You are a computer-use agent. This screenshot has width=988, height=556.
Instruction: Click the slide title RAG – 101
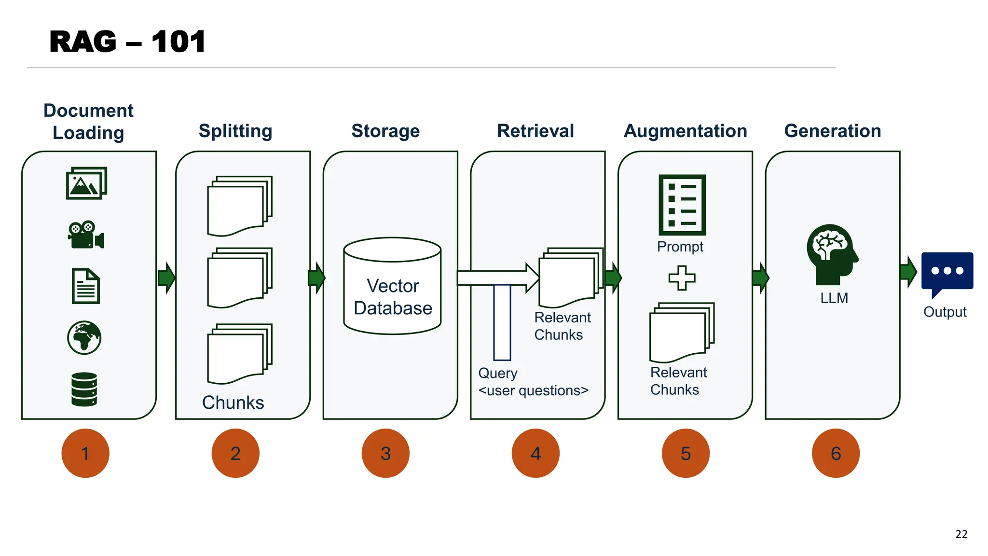(127, 42)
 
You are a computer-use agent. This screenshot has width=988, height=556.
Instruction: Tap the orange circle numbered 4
(535, 453)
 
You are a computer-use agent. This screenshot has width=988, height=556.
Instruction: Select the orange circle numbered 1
(85, 453)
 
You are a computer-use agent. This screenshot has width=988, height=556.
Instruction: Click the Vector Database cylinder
(392, 286)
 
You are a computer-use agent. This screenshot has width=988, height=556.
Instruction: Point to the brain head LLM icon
(832, 254)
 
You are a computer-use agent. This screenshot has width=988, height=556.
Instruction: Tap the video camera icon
(86, 235)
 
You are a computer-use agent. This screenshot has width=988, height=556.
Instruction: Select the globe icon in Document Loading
(84, 338)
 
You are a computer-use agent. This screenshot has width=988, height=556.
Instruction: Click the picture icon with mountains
(86, 183)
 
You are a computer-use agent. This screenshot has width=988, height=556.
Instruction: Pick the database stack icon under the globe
(84, 389)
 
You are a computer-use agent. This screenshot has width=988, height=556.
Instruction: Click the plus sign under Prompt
(682, 278)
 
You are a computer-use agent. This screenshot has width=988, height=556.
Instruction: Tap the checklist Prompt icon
(682, 205)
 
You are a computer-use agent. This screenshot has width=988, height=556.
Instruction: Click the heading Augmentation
(685, 131)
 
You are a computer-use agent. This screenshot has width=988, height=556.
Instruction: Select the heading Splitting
(235, 131)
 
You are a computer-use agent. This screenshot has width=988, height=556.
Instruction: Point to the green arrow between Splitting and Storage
(316, 278)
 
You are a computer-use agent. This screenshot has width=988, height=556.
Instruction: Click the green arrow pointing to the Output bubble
(908, 272)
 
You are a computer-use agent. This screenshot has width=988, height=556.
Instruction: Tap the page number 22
(961, 534)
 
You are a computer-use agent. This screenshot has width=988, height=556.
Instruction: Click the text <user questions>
(533, 390)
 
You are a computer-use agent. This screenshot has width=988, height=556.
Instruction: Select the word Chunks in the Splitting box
(233, 403)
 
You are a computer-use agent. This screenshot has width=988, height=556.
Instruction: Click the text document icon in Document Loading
(86, 286)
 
